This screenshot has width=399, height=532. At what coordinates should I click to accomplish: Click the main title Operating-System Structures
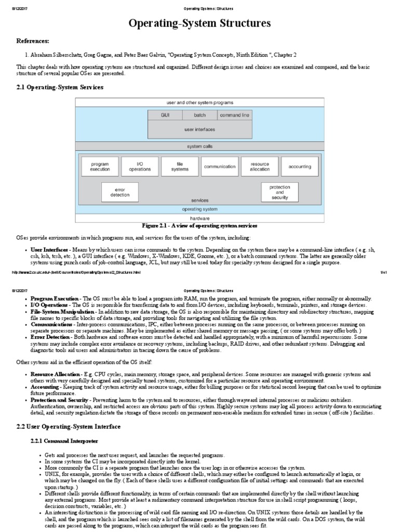[199, 23]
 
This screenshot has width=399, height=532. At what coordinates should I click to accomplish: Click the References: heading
[33, 41]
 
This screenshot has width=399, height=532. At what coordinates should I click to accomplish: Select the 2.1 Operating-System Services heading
[60, 87]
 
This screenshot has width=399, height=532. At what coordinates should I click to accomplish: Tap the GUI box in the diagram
[165, 115]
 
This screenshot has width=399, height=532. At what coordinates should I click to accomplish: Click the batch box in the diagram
[199, 115]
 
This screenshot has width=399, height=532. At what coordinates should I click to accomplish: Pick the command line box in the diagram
[235, 115]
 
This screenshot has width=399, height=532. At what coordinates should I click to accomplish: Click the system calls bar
[200, 146]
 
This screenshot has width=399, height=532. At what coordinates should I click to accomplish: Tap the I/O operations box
[140, 167]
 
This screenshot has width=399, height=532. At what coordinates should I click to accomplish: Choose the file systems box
[180, 167]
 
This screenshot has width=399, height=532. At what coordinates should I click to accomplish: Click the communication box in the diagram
[220, 167]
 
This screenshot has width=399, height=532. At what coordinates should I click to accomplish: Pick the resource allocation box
[259, 167]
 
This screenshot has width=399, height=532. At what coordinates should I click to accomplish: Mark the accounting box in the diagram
[299, 167]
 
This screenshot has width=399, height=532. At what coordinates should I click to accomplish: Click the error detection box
[119, 192]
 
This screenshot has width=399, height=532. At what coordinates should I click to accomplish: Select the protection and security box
[280, 192]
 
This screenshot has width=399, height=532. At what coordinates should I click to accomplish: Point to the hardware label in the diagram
[200, 218]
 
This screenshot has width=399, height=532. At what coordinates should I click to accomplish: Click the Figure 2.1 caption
[199, 226]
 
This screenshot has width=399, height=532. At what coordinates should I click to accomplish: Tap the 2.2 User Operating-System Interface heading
[68, 426]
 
